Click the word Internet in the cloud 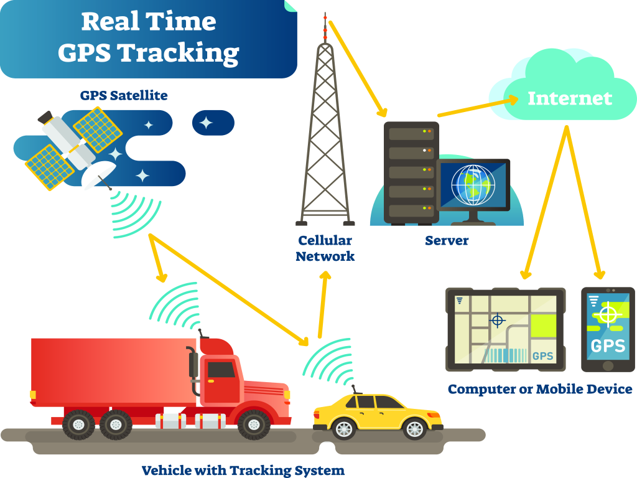[570, 98]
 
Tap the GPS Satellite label [124, 96]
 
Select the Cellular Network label [325, 248]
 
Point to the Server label [447, 240]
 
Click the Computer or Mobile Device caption [540, 390]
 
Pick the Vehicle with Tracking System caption [243, 470]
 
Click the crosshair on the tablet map [497, 321]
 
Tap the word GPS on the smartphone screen [607, 345]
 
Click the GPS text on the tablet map [542, 356]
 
